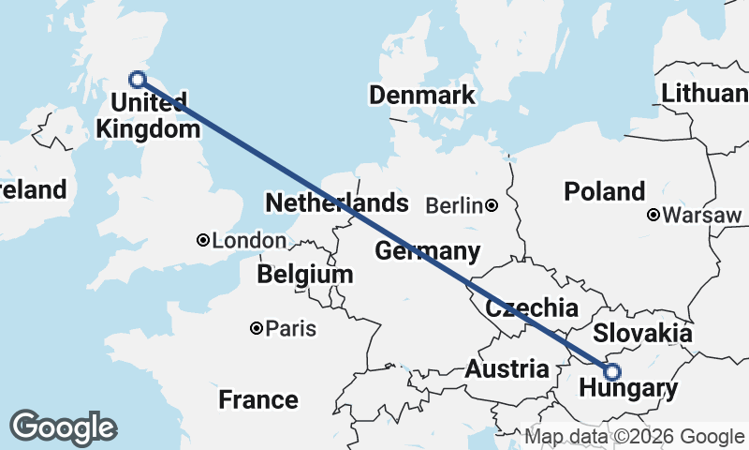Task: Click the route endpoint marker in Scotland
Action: coord(138,80)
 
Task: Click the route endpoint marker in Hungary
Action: coord(613,370)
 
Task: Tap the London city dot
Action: coord(202,241)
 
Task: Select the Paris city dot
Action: coord(256,328)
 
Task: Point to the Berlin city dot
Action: coord(491,204)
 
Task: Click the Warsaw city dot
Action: coord(654,216)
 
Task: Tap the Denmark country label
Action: coord(421,95)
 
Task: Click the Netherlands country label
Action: coord(337,203)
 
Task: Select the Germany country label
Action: coord(427,251)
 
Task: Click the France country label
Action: coord(258,400)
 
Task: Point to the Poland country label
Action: coord(604,191)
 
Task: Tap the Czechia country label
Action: coord(531,308)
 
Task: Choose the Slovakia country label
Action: coord(643,333)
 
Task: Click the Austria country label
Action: coord(507,368)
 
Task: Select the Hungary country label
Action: coord(628,389)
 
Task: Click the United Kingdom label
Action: coord(149,114)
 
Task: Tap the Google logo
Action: coord(63,427)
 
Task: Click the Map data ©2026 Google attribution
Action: coord(634,437)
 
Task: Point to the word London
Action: coord(249,241)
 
